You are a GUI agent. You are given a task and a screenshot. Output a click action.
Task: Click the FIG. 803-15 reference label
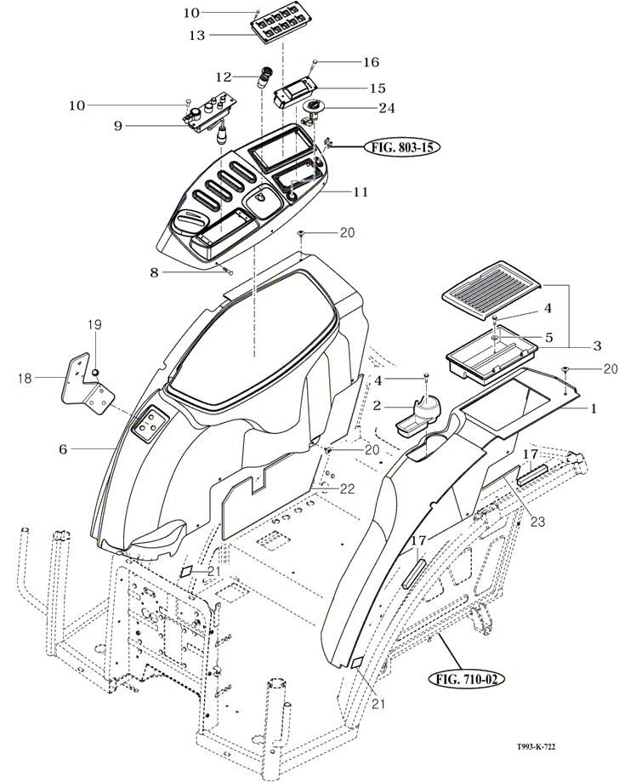pyautogui.click(x=404, y=146)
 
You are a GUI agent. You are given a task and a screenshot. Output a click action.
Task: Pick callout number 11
pyautogui.click(x=360, y=192)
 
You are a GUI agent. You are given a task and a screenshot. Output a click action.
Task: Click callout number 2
pyautogui.click(x=378, y=407)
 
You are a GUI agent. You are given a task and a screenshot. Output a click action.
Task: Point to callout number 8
pyautogui.click(x=153, y=272)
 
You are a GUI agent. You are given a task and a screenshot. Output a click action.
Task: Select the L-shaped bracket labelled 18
pyautogui.click(x=91, y=384)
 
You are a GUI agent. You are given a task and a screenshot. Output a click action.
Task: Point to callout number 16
pyautogui.click(x=371, y=62)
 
